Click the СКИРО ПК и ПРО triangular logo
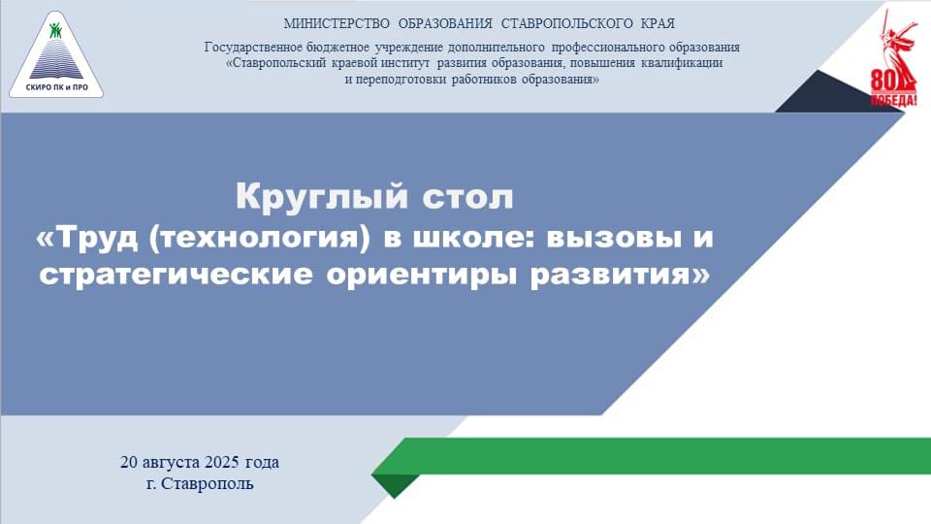point(56,55)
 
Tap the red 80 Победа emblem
point(893,58)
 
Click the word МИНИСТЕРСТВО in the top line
point(337,23)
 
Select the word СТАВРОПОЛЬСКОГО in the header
point(566,23)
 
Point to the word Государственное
point(248,47)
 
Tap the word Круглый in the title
point(321,197)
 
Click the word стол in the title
point(467,198)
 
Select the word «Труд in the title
point(85,237)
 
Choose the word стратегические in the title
point(176,275)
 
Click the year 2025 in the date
point(221,462)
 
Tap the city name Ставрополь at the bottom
point(208,483)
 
